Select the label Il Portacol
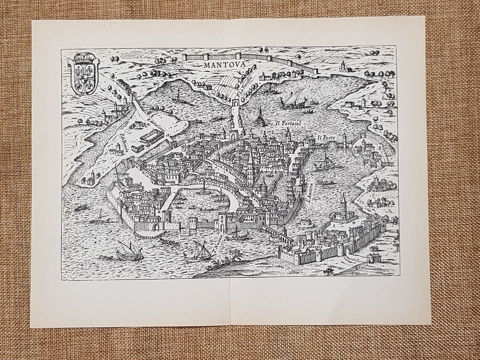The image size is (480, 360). pos(291,124)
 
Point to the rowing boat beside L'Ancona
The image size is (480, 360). pos(325,182)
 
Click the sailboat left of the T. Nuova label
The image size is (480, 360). pos(199,252)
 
